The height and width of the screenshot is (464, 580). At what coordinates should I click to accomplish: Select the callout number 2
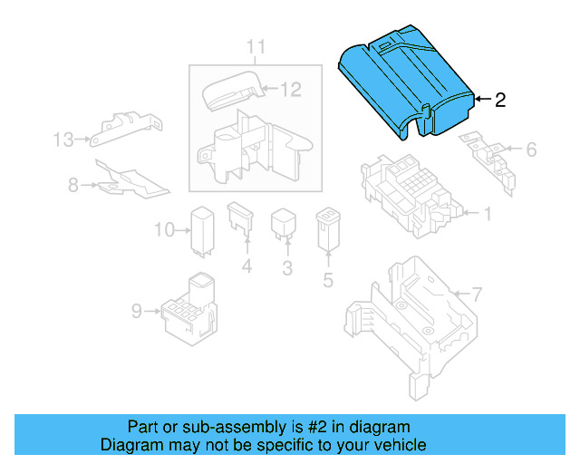coord(500,101)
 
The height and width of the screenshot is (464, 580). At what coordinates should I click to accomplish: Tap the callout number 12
coord(290,89)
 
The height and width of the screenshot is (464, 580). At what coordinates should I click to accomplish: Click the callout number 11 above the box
coord(256,47)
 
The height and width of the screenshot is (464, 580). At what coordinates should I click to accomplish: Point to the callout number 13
coord(63,140)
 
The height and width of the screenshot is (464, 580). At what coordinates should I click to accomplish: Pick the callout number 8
coord(72,185)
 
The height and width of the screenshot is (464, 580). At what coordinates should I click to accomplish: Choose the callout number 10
coord(162,230)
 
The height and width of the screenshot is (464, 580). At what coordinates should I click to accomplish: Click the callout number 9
coord(136,311)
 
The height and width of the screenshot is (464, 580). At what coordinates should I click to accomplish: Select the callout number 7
coord(478,294)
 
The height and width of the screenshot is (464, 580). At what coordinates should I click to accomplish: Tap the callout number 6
coord(531,149)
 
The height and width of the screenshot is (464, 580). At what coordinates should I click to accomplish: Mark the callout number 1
coord(487,215)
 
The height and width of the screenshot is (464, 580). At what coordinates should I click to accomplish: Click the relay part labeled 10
coord(200,229)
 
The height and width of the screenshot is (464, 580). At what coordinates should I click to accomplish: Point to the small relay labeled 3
coord(285,227)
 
